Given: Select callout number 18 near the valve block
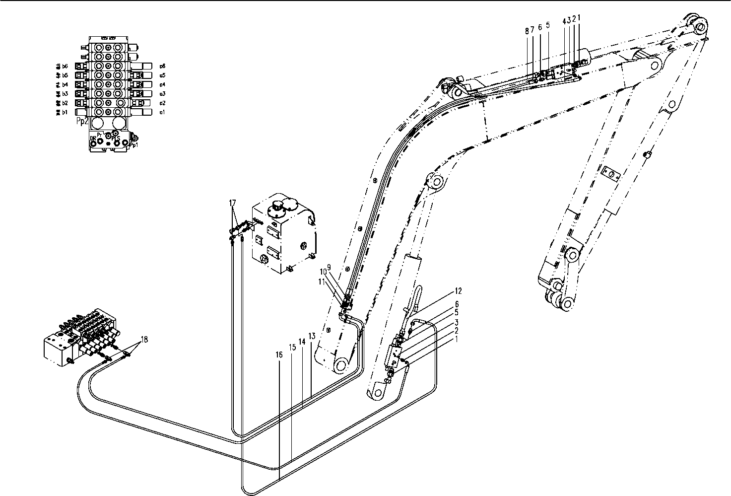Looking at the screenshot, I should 144,340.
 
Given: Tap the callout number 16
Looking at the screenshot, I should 279,355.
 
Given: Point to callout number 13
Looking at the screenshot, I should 312,336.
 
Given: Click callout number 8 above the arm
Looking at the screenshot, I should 527,30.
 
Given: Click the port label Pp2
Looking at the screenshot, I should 82,120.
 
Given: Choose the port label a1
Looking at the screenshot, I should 162,113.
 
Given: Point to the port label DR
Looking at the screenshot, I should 93,139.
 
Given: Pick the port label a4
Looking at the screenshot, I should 162,85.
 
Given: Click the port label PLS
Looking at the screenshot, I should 115,139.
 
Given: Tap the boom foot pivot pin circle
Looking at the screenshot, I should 341,366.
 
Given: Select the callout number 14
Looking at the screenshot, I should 302,342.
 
